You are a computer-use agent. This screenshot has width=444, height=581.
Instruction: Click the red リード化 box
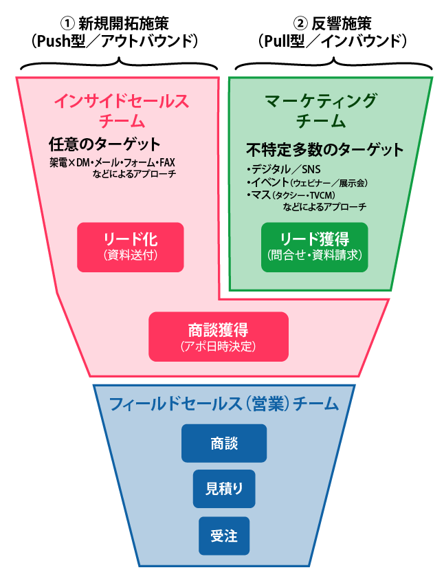(x=131, y=247)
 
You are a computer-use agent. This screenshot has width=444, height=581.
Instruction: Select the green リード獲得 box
(x=314, y=247)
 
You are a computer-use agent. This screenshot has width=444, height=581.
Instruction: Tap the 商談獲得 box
(x=219, y=336)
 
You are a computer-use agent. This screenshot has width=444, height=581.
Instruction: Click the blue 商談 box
(x=224, y=443)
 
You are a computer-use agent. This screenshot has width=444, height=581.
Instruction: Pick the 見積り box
(x=224, y=489)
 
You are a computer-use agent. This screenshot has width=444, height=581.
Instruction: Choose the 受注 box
(x=224, y=536)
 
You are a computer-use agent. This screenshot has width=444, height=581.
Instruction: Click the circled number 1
(x=67, y=23)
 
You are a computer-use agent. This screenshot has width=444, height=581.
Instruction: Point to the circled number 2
(x=300, y=23)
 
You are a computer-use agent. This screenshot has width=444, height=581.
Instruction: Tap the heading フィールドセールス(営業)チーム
(x=224, y=404)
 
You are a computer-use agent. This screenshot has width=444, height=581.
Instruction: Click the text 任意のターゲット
(x=104, y=144)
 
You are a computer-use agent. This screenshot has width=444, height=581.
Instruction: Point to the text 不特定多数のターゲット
(x=325, y=150)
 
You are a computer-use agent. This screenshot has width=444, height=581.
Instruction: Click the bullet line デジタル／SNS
(x=284, y=169)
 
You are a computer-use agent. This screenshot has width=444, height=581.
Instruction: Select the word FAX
(x=168, y=163)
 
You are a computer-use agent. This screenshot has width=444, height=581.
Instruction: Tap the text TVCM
(x=322, y=195)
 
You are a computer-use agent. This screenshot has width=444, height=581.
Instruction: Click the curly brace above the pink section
(x=119, y=64)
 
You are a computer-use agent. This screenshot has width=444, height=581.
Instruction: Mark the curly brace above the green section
(x=333, y=64)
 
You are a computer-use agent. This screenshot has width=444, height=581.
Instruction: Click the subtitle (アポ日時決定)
(x=219, y=347)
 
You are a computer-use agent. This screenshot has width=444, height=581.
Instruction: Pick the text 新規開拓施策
(x=124, y=23)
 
